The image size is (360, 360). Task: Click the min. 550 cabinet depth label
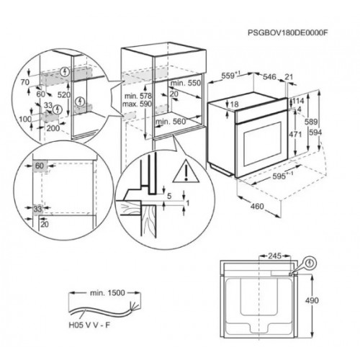click(x=184, y=84)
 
